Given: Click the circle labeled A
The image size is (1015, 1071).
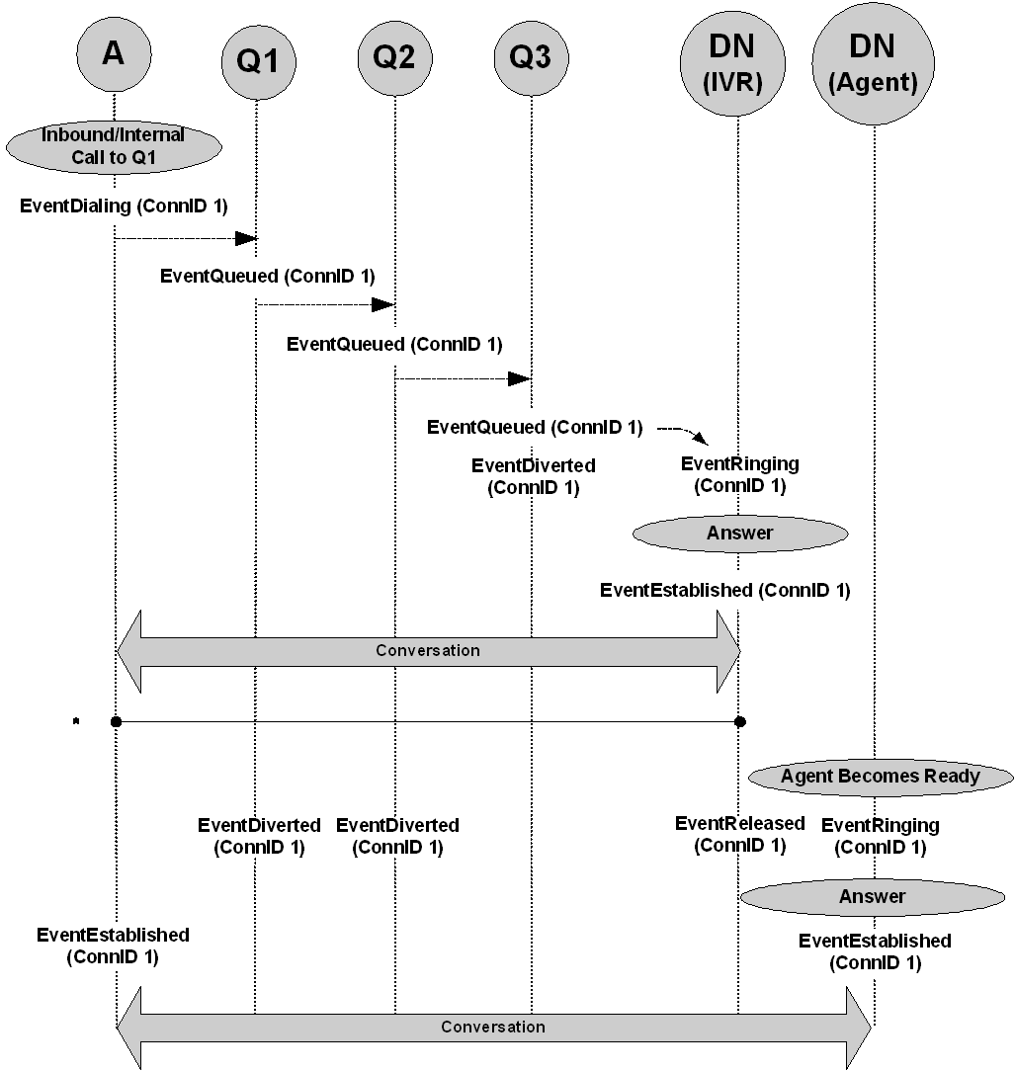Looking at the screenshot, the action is pyautogui.click(x=114, y=54).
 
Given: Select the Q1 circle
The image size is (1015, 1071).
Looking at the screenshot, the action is pyautogui.click(x=258, y=62).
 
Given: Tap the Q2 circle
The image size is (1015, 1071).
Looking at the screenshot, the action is pyautogui.click(x=394, y=58).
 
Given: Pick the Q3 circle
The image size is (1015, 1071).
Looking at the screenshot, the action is pyautogui.click(x=532, y=58).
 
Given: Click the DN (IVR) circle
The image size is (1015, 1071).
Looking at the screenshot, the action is pyautogui.click(x=732, y=63).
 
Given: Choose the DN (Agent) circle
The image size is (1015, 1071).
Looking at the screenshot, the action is pyautogui.click(x=873, y=63).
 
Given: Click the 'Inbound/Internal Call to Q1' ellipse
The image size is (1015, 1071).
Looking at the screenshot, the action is pyautogui.click(x=114, y=146).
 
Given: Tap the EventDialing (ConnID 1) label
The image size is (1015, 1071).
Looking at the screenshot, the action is pyautogui.click(x=124, y=206).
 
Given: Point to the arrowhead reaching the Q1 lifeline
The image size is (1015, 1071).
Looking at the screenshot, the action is pyautogui.click(x=246, y=238).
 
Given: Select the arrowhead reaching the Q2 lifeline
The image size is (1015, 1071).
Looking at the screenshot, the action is pyautogui.click(x=383, y=304).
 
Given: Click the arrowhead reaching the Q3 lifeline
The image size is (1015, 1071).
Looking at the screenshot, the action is pyautogui.click(x=520, y=378).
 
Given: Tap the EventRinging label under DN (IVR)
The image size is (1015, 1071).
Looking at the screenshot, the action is pyautogui.click(x=739, y=474).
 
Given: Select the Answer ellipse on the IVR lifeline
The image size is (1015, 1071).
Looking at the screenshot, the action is pyautogui.click(x=740, y=534).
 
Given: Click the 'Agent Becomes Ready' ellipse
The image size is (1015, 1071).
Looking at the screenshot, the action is pyautogui.click(x=881, y=777).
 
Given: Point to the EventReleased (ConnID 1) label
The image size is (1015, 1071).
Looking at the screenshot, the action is pyautogui.click(x=739, y=834).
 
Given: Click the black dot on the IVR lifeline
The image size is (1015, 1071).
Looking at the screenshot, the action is pyautogui.click(x=739, y=722).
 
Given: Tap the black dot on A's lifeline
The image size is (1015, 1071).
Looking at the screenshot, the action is pyautogui.click(x=116, y=722).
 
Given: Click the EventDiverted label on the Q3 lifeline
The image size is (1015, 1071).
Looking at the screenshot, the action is pyautogui.click(x=534, y=476).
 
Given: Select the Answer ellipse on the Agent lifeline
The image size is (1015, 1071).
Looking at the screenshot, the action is pyautogui.click(x=873, y=897).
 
